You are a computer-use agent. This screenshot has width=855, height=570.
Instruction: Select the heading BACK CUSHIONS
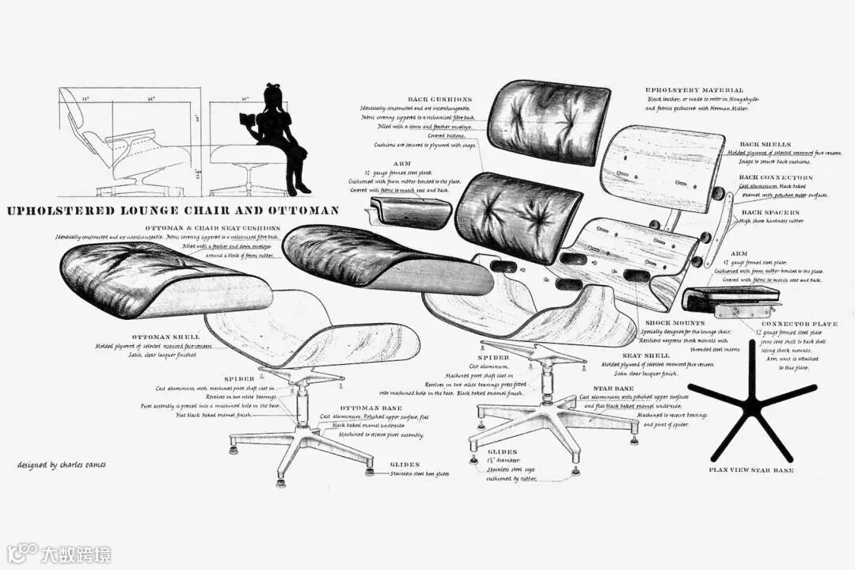pyautogui.click(x=439, y=99)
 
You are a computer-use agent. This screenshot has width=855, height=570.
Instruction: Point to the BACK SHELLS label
pyautogui.click(x=760, y=144)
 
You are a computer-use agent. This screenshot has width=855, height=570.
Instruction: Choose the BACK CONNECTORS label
pyautogui.click(x=775, y=177)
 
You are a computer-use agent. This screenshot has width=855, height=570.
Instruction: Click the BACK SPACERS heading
pyautogui.click(x=770, y=212)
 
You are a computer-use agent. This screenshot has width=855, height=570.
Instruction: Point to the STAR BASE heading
pyautogui.click(x=611, y=389)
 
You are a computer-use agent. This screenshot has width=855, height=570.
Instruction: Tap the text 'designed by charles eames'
pyautogui.click(x=61, y=465)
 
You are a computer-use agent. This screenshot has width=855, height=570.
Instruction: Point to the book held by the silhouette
pyautogui.click(x=247, y=120)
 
